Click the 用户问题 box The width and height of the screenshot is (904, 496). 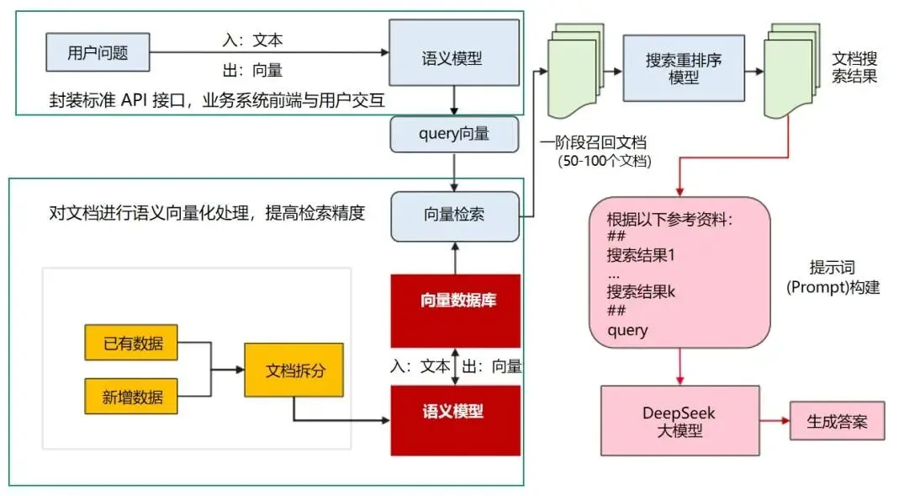98,53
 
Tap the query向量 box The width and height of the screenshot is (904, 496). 454,134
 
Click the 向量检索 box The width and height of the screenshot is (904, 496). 454,214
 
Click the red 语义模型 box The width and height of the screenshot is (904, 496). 455,411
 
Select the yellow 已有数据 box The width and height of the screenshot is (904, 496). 132,343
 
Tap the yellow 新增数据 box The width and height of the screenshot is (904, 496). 132,397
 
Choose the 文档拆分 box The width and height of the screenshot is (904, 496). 294,370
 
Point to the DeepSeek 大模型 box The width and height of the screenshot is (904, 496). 679,422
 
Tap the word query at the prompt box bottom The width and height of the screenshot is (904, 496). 627,330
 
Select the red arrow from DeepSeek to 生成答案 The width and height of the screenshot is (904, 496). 774,420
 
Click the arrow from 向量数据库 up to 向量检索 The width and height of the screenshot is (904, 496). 454,257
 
